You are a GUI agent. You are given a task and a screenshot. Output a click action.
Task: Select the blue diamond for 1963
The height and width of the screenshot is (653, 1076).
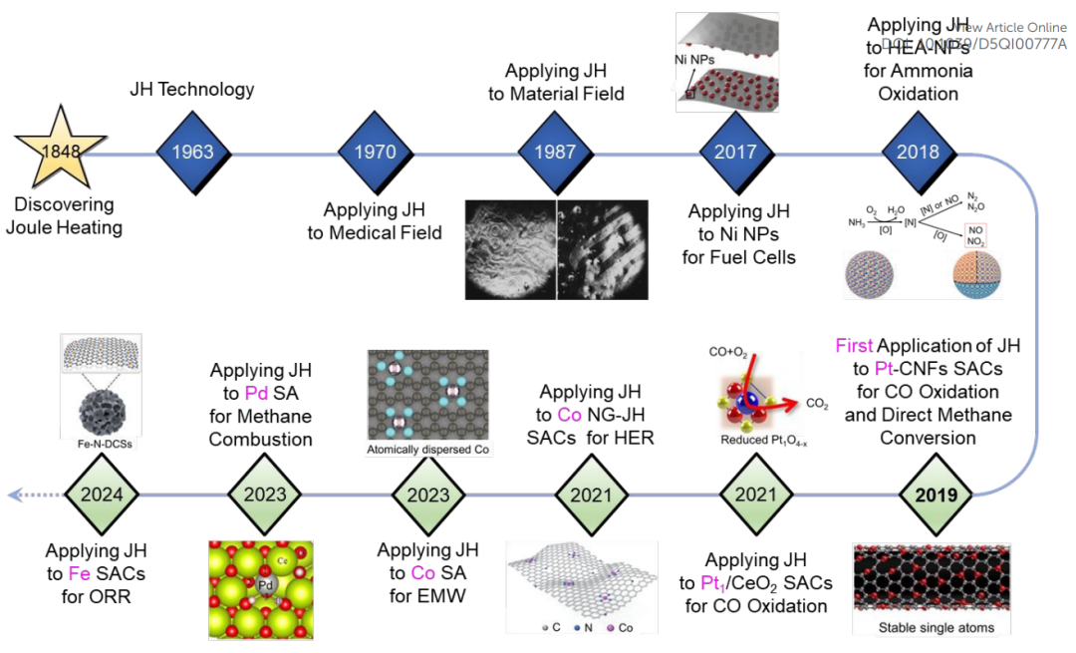(x=192, y=153)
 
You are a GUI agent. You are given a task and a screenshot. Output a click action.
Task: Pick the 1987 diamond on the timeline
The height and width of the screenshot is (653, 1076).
(x=556, y=153)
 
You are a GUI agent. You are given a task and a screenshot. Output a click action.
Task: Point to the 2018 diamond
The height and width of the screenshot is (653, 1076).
(x=919, y=153)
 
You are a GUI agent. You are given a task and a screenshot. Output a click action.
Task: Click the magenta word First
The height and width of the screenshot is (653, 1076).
(x=853, y=346)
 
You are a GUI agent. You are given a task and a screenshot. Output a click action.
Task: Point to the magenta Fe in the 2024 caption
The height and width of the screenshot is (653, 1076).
(x=80, y=574)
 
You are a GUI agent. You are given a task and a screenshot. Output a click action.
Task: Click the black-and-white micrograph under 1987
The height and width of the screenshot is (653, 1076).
(x=556, y=249)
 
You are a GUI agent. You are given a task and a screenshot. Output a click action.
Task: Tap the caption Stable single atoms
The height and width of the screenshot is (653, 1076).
(x=936, y=627)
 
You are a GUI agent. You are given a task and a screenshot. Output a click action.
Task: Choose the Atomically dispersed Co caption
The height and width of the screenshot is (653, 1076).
(x=428, y=451)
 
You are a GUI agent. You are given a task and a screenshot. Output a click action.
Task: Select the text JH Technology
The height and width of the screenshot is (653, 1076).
(x=192, y=90)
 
